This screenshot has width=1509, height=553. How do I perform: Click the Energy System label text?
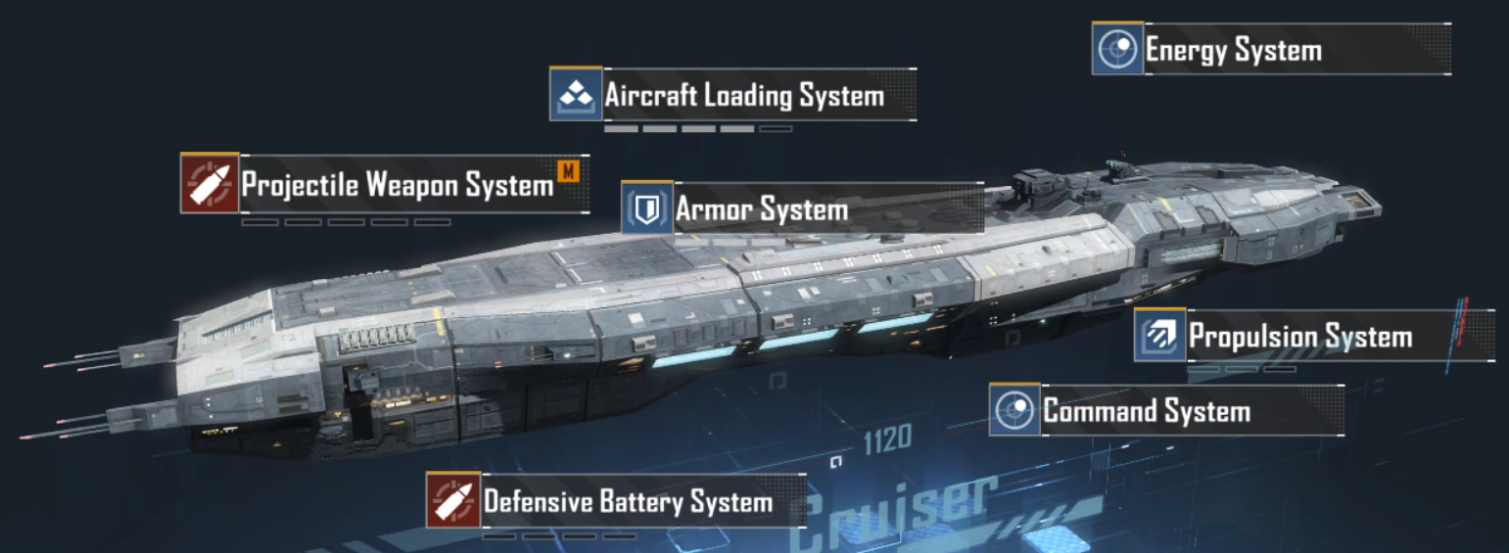tap(1233, 50)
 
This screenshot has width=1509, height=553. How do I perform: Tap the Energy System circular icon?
tap(1117, 49)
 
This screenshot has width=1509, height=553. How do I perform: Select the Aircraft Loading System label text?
tap(743, 96)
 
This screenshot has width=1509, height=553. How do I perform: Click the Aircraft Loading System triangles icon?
tap(575, 95)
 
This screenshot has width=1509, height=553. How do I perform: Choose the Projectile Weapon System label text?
tap(397, 184)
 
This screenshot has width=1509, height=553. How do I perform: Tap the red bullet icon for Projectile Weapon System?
tap(210, 183)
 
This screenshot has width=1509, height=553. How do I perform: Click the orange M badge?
tap(568, 172)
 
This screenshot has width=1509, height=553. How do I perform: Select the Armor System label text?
tap(761, 209)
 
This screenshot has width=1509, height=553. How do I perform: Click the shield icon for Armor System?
tap(646, 208)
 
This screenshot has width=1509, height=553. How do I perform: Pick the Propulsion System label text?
tap(1299, 337)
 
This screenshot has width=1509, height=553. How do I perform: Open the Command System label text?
tap(1146, 410)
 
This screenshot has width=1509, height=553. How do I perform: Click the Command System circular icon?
tap(1014, 410)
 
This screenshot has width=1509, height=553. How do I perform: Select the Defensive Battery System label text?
tap(628, 502)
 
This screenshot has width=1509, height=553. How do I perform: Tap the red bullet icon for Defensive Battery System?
tap(453, 501)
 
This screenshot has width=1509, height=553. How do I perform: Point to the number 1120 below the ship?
tap(887, 439)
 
